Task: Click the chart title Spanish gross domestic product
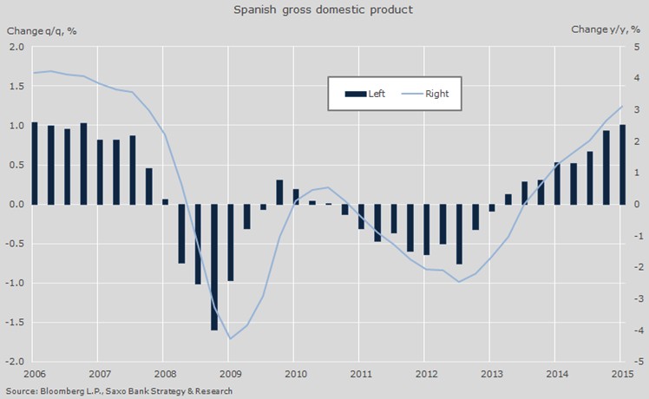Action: [324, 10]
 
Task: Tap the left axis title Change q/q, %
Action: [43, 31]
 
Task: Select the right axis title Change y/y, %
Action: [605, 30]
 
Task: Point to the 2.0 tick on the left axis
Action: [16, 47]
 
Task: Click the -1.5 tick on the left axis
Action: [15, 322]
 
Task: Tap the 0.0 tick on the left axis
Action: [16, 205]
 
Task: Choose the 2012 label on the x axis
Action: [423, 374]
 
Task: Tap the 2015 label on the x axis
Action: [619, 374]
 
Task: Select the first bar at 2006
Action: [35, 163]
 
